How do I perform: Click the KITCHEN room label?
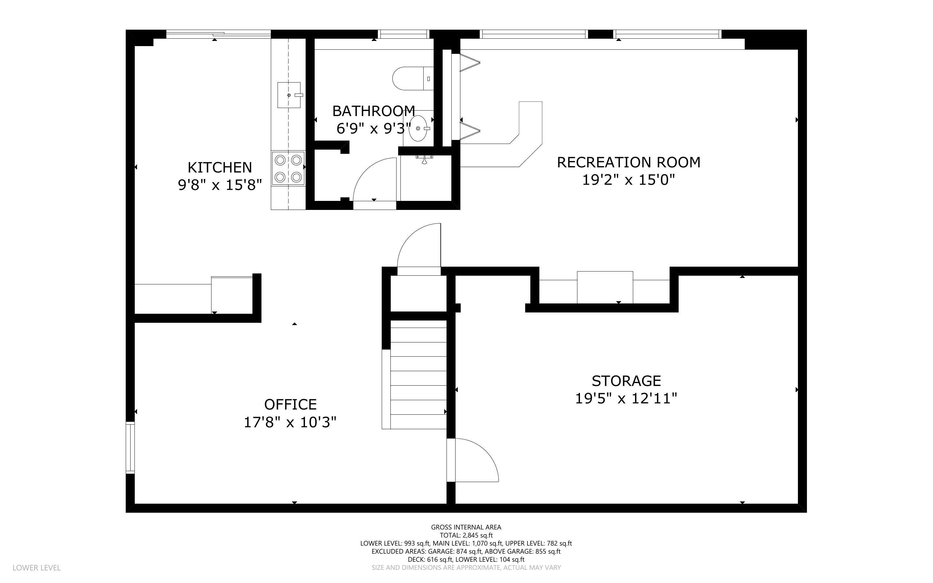point(220,168)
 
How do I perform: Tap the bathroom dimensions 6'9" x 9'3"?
point(373,128)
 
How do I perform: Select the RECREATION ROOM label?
point(628,162)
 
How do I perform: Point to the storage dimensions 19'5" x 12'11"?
point(626,398)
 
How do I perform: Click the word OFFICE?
point(290,404)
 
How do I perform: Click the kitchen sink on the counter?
point(289,95)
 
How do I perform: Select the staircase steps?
point(418,378)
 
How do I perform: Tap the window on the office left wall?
point(130,448)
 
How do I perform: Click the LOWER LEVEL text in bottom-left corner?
point(37,568)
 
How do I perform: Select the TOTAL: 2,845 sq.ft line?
point(466,535)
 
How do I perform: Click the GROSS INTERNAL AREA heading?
point(466,527)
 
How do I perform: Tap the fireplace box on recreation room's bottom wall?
point(604,287)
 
